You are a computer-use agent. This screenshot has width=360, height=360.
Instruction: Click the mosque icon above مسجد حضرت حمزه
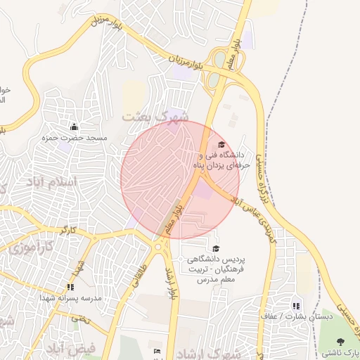tap(75, 127)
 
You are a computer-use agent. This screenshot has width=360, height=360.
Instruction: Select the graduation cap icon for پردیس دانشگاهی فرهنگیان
tap(215, 248)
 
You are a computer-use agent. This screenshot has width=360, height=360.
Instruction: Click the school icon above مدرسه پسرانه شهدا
tap(70, 287)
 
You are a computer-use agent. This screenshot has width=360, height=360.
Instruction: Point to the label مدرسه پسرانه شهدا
tap(74, 298)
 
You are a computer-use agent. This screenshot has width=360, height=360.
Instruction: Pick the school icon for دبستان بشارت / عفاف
tap(295, 306)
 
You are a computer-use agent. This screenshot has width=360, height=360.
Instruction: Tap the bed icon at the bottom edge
tap(157, 351)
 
